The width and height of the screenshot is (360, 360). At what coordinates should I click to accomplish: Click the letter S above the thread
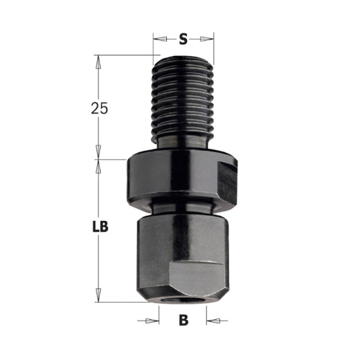coord(183,39)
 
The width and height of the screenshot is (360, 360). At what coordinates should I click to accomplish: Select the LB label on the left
coord(102,226)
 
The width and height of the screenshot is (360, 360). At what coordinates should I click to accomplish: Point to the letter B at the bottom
coord(183,320)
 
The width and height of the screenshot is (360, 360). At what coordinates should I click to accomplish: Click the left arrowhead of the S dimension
coord(158,39)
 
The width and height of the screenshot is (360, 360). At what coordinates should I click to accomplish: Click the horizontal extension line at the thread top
coord(125,56)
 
